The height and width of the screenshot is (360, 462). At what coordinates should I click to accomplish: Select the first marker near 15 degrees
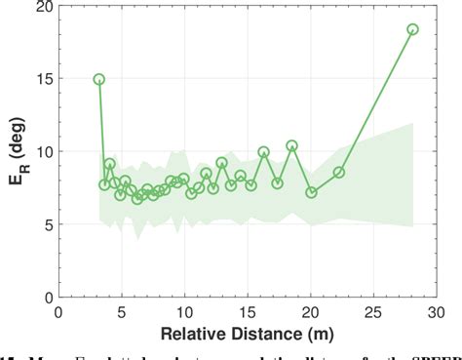99,79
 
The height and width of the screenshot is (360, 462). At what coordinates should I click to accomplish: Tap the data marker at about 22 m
339,172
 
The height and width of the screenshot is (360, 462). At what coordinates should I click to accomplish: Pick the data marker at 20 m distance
312,192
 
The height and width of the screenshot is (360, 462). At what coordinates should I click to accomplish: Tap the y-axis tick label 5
45,223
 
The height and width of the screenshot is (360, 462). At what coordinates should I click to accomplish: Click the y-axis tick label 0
45,296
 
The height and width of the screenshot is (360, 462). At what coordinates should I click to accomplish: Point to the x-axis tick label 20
311,312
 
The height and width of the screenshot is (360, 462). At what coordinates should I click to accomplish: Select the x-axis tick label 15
249,312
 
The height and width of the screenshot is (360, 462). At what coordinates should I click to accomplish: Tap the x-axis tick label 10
185,312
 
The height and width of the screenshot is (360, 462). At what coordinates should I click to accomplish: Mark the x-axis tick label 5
122,312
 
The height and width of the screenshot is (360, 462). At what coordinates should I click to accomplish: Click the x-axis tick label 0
59,312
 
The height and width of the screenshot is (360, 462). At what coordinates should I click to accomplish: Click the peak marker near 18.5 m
291,146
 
